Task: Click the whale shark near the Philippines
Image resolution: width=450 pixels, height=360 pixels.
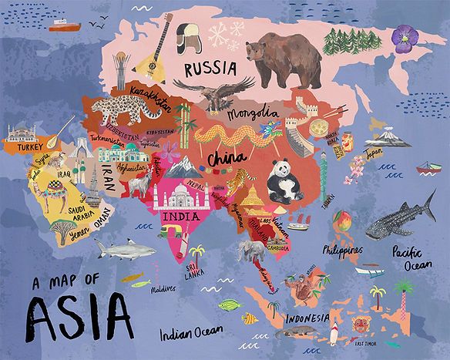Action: tap(401, 217)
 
